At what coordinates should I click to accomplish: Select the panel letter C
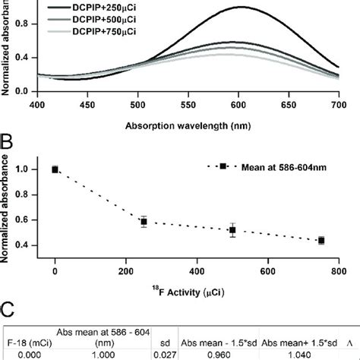pyautogui.click(x=8, y=310)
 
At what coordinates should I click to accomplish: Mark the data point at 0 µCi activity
pyautogui.click(x=55, y=169)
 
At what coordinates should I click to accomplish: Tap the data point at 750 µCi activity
pyautogui.click(x=321, y=240)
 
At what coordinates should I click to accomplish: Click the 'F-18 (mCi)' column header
pyautogui.click(x=26, y=340)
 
